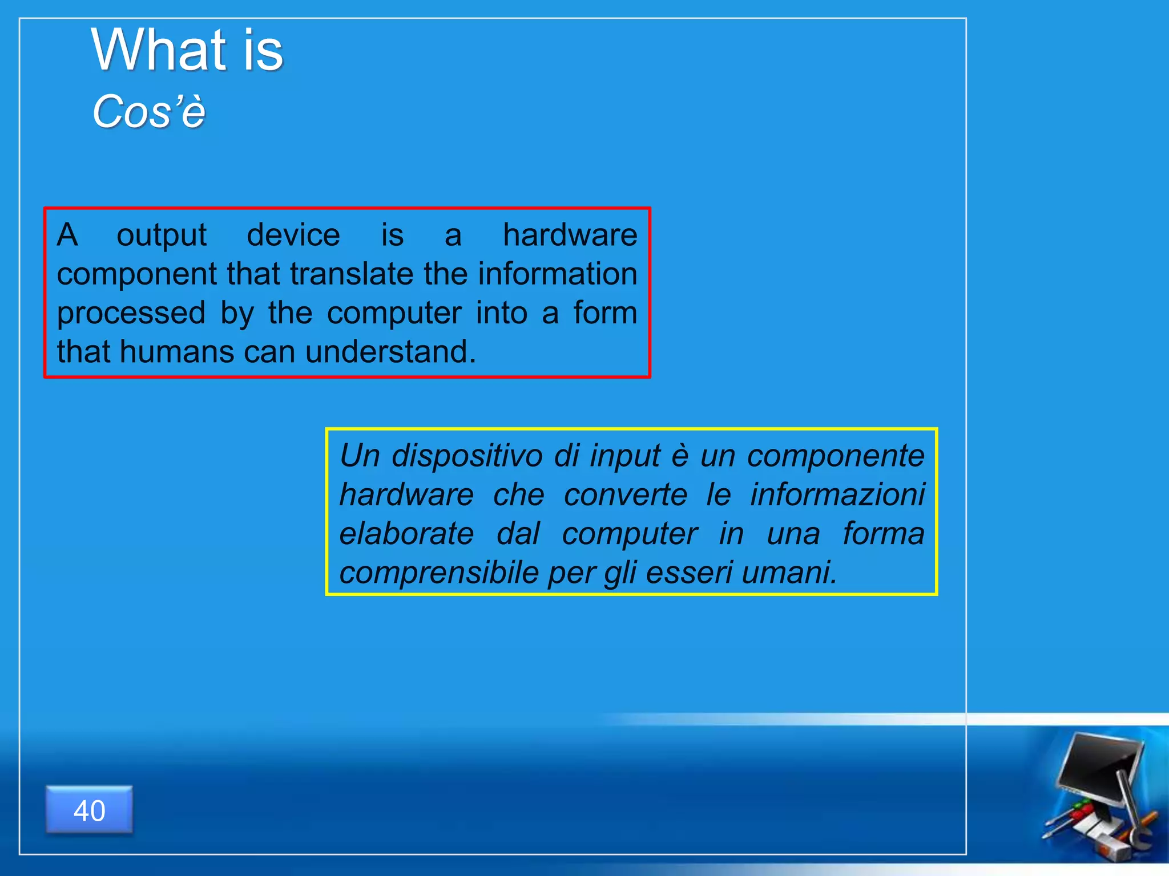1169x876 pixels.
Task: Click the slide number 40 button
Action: [89, 810]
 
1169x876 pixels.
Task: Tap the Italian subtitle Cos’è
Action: [148, 111]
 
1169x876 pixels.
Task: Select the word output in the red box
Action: [162, 235]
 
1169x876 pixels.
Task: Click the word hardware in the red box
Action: [570, 235]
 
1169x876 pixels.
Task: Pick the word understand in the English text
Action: [390, 352]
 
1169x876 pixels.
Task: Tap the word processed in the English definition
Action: [131, 313]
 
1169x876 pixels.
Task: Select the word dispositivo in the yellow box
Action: [467, 456]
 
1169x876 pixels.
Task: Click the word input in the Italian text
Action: [624, 456]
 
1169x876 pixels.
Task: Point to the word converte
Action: [626, 494]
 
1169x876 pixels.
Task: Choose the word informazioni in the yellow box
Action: [837, 494]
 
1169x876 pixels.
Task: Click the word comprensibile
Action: [439, 573]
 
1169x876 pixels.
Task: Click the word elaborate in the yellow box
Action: [406, 534]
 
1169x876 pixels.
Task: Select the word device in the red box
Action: [293, 235]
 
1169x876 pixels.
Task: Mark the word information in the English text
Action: [558, 274]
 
